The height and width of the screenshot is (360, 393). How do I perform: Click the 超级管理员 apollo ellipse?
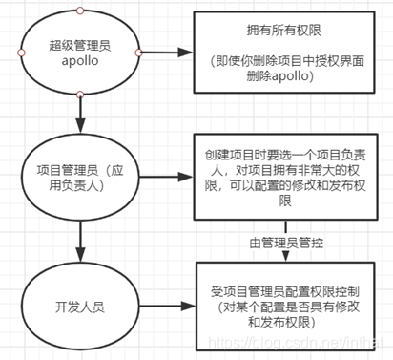click(x=80, y=53)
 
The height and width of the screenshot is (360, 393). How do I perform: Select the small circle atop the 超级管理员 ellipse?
click(x=80, y=10)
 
